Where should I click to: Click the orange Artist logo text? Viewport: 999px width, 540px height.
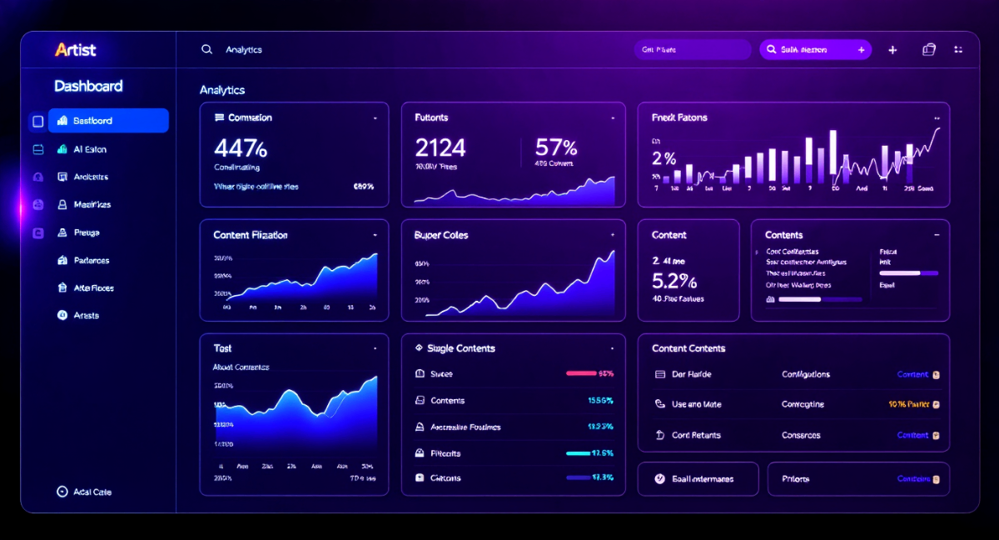pos(75,50)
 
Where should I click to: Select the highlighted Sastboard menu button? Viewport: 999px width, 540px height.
pos(108,121)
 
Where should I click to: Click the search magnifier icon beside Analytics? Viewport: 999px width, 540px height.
pos(207,50)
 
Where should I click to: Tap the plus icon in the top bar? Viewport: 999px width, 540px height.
pos(892,50)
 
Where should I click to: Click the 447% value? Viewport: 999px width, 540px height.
pos(241,148)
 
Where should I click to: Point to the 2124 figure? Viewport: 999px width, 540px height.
pos(440,148)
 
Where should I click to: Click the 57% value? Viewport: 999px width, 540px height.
pos(556,148)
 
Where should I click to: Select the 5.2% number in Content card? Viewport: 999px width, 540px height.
pos(674,280)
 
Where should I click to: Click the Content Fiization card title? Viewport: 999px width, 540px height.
pos(251,235)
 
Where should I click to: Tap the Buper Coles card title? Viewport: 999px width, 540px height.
pos(441,235)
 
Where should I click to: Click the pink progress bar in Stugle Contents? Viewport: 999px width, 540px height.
pos(581,373)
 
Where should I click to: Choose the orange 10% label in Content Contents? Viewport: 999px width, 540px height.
pos(909,404)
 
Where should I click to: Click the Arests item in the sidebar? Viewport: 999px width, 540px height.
pos(87,316)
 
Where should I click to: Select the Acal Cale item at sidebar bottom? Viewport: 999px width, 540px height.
pos(92,492)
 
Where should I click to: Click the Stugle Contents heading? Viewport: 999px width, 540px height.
pos(461,348)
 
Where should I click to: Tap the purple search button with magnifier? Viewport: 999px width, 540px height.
pos(815,50)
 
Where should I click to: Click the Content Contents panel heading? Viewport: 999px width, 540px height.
pos(688,348)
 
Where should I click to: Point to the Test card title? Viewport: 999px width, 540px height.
pos(222,348)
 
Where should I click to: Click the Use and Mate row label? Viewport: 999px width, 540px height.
pos(697,404)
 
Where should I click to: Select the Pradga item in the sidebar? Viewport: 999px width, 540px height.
pos(87,232)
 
